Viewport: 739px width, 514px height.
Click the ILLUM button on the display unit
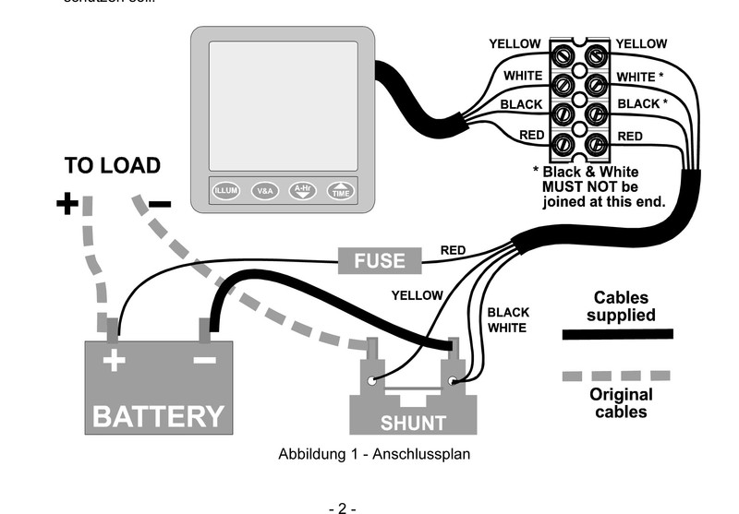pos(226,191)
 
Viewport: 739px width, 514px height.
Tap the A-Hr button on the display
pos(303,191)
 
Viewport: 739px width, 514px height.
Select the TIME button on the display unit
pos(341,191)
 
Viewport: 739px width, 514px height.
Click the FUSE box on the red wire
pos(380,260)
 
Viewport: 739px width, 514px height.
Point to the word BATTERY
pos(159,416)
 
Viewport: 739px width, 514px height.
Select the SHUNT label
pos(413,424)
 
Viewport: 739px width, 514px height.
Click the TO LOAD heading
pos(112,166)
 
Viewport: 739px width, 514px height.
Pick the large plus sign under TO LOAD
pos(67,204)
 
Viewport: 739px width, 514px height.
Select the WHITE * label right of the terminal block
pos(639,77)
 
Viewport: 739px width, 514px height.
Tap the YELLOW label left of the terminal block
pos(515,44)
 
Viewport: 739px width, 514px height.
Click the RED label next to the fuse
pos(453,250)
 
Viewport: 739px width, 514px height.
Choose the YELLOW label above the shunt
pos(417,296)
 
